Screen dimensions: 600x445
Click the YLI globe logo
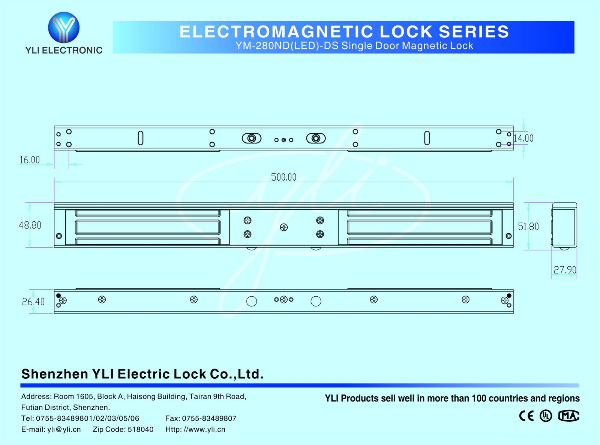64,27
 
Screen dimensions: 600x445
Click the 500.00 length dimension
284,177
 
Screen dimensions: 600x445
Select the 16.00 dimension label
30,160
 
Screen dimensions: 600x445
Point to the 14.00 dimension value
523,138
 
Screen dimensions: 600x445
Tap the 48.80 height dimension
30,225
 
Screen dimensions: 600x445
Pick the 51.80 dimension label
528,226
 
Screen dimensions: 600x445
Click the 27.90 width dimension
565,270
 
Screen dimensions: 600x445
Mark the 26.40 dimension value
33,302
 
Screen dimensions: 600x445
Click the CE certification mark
526,416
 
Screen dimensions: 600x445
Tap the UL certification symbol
546,416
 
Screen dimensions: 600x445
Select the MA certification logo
568,416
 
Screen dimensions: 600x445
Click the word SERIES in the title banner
474,31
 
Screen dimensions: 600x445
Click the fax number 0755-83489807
209,418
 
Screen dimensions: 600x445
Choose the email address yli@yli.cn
64,429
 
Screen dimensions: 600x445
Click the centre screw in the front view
284,227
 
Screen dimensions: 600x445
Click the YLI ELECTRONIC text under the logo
64,50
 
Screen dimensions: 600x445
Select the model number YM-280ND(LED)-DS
287,46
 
